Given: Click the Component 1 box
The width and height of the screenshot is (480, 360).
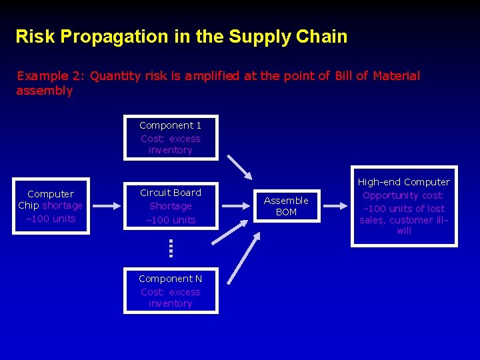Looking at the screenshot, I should (x=171, y=138).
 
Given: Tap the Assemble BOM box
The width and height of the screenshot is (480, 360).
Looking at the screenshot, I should (x=286, y=206).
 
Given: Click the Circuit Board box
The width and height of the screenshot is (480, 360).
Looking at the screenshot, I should (x=171, y=206).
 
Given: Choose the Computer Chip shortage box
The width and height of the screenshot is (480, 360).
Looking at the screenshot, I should (x=51, y=206).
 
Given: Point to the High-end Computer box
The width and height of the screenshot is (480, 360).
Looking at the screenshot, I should (x=404, y=206).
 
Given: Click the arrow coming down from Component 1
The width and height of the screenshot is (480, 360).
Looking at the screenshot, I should (x=239, y=167).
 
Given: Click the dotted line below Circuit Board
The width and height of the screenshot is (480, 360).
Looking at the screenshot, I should (x=171, y=249).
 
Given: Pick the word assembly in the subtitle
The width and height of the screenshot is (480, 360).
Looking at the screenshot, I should (x=44, y=91).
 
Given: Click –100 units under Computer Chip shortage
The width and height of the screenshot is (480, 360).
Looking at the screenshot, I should (x=51, y=219).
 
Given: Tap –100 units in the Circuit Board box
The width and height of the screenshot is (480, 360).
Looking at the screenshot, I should (x=171, y=220).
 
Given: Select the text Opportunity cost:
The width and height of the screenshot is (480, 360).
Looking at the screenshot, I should (x=403, y=195).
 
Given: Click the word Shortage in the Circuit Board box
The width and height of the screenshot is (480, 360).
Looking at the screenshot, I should (x=171, y=206).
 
